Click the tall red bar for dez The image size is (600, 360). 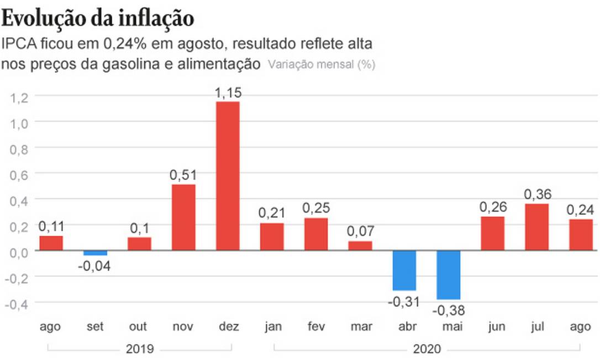coord(228,176)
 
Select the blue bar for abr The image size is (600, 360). coord(404,271)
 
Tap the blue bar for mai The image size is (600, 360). coord(449,275)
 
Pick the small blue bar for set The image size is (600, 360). coord(96,253)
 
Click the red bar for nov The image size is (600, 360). coord(183,217)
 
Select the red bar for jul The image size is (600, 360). coord(537,227)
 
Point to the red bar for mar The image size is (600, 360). coord(360,246)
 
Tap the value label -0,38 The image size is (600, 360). coord(448,310)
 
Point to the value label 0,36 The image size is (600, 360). coord(537,195)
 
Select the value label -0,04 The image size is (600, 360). coord(95,266)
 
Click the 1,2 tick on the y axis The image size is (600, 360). coord(19,97)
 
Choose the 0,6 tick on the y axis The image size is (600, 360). coord(19,174)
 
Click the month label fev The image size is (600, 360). coord(315,327)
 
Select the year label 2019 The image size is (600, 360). coord(139,350)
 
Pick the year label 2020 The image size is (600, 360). coord(426,350)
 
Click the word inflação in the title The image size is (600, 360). coord(156,18)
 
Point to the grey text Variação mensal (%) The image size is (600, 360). coord(322,64)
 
